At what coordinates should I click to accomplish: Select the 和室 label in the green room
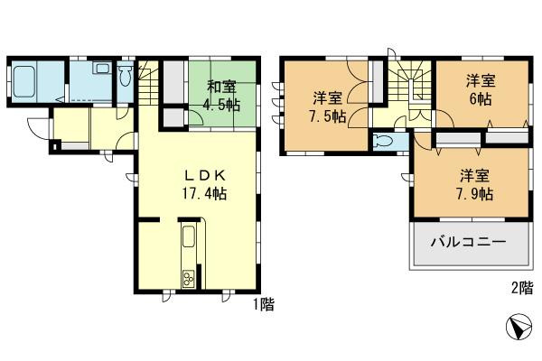pyautogui.click(x=221, y=88)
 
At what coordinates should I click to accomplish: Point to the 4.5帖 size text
pyautogui.click(x=222, y=105)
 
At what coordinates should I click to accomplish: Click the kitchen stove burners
pyautogui.click(x=190, y=279)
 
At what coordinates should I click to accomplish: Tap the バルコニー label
pyautogui.click(x=468, y=243)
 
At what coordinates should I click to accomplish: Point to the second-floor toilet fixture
pyautogui.click(x=385, y=142)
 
